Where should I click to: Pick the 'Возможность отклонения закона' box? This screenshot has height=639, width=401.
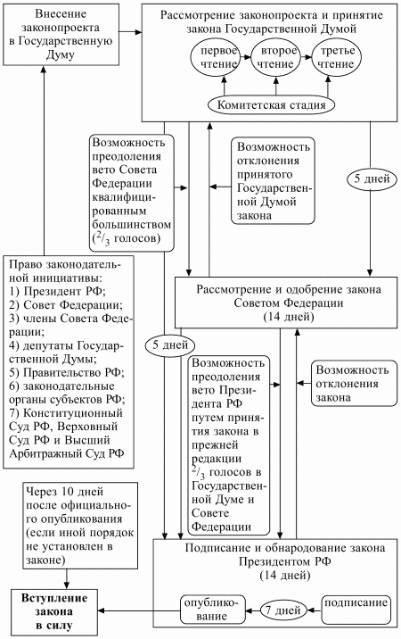(350, 384)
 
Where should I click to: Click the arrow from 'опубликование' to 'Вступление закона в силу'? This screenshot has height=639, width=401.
(135, 610)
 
